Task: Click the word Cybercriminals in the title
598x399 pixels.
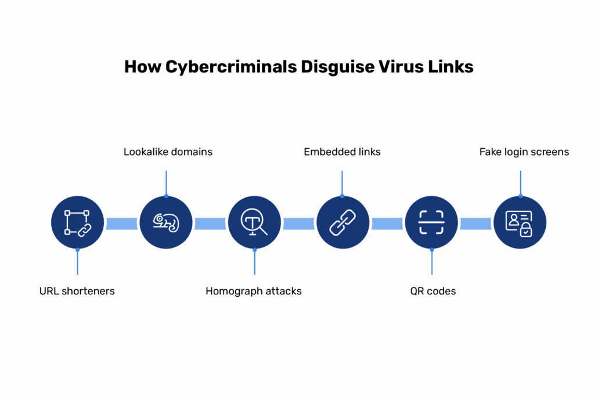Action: (230, 67)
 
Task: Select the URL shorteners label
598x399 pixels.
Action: (77, 291)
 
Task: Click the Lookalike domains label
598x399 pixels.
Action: (168, 152)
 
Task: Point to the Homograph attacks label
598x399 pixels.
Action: (254, 291)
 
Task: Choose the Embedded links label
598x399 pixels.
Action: (342, 152)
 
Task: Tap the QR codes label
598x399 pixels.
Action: (433, 291)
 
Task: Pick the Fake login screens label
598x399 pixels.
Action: (524, 152)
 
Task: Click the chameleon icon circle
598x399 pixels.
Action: (166, 222)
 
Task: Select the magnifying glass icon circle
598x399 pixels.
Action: (254, 222)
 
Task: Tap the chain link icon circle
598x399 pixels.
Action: (343, 222)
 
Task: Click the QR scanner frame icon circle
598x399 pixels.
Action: (431, 222)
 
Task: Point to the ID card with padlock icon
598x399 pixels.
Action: (520, 222)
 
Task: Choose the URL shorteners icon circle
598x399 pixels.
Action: (78, 222)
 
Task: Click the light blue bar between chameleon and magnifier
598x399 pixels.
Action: (210, 223)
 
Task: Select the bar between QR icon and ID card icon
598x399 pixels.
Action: (475, 223)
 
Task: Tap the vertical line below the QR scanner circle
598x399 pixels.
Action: (431, 262)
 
